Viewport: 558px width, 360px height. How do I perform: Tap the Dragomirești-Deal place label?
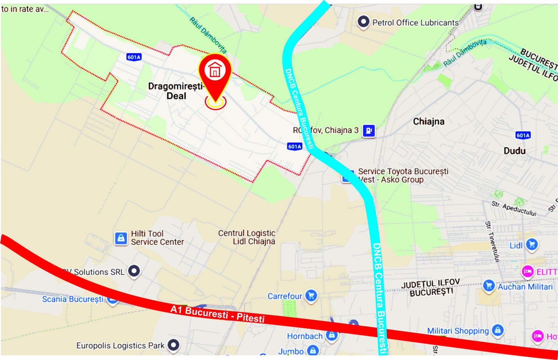tap(176, 91)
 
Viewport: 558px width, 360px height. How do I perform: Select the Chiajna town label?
tap(429, 122)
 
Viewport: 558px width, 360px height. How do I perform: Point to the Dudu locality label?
tap(514, 151)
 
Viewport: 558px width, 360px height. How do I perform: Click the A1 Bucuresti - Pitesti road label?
tap(217, 314)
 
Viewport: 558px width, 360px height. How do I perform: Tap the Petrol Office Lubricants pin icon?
tap(363, 22)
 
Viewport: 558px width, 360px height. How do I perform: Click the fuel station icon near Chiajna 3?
tap(369, 130)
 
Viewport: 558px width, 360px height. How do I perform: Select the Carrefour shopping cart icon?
tap(311, 295)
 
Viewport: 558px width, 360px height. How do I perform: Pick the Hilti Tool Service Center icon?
tap(121, 238)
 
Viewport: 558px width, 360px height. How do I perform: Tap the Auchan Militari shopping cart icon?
tap(489, 286)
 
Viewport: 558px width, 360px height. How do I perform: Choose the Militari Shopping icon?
tap(498, 330)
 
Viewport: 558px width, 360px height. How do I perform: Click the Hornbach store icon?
tap(332, 335)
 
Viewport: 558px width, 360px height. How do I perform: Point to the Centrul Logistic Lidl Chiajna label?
tap(247, 237)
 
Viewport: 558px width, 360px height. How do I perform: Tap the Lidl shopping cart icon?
tap(532, 244)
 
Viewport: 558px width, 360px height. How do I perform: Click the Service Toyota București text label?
tap(403, 175)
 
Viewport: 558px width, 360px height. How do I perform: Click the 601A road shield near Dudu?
tap(523, 135)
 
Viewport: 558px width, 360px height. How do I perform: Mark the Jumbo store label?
tap(291, 351)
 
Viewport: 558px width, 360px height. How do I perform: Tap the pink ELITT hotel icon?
tap(528, 271)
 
